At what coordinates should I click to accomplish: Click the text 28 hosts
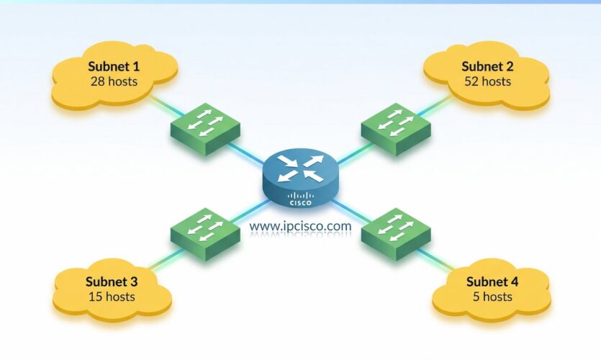pos(114,81)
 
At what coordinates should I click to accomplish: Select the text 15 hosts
pos(112,296)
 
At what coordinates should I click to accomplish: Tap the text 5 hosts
pos(492,297)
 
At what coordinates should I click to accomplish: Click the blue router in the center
pos(300,180)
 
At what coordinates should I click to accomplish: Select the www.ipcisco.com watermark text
pos(300,226)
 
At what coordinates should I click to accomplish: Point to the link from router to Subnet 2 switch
pos(349,150)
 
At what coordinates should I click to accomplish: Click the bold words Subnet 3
pos(112,282)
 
